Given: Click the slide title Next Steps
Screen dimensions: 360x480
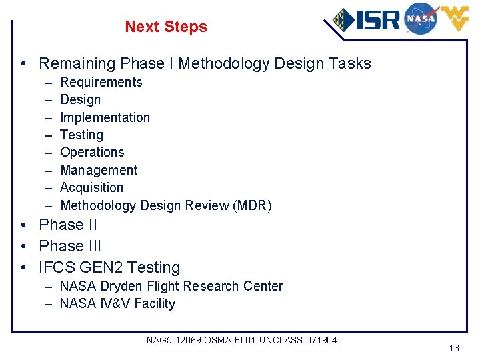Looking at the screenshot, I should pos(165,27).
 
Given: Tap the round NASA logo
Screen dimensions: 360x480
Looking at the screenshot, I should pos(420,18).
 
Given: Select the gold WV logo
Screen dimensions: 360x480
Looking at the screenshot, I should pos(453,19).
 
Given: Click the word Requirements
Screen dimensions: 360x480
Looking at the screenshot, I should pos(101,82).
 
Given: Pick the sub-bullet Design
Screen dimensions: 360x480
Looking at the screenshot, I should pos(80,99).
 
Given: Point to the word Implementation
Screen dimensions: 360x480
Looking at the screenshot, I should pos(105,117).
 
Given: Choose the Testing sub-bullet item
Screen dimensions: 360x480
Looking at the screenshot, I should pos(81,135).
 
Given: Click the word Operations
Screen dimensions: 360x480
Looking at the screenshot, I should pos(92,152).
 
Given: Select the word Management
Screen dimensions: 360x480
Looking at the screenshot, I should pos(99,170).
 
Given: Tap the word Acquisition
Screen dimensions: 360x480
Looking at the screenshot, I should pos(91,187).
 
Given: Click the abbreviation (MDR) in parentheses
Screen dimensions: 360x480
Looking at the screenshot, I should pos(252,205).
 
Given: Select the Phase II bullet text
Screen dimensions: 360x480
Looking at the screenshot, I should pos(68,225).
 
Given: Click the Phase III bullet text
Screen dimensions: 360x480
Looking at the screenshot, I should pos(70,245).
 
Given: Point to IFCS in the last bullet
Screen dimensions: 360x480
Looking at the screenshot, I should pos(57,267).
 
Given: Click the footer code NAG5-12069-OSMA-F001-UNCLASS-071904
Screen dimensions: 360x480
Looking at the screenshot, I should pos(241,340).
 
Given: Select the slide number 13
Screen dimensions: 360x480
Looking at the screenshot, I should pos(454,348).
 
